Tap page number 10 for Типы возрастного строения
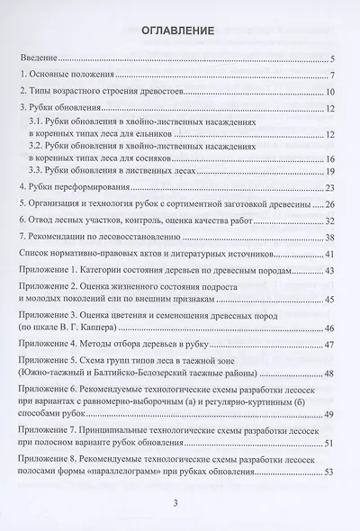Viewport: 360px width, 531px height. click(330, 93)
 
